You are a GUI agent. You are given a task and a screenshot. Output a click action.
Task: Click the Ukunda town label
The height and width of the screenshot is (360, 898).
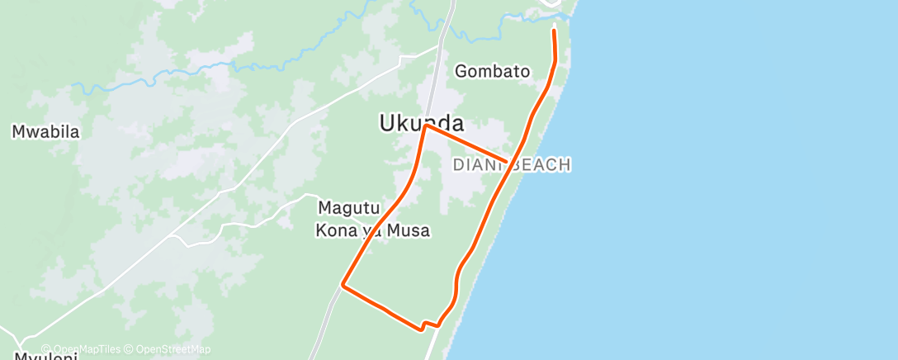point(421,123)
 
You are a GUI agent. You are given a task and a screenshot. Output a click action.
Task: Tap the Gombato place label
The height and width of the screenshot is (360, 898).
point(492,71)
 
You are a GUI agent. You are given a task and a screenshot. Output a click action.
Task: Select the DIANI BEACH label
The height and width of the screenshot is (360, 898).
point(512,165)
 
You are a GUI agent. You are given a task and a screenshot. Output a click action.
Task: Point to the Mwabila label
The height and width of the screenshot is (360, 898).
point(45,131)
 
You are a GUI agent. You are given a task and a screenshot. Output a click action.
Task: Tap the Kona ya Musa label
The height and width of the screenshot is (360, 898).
point(372,230)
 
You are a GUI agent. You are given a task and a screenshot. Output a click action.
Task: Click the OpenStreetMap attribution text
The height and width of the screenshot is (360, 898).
point(173,349)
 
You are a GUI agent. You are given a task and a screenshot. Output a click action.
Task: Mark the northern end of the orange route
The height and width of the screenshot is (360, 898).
point(553,31)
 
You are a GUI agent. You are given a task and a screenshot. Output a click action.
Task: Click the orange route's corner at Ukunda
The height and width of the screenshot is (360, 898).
point(425,126)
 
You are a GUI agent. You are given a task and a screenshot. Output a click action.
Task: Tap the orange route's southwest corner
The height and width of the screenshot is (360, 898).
point(343,286)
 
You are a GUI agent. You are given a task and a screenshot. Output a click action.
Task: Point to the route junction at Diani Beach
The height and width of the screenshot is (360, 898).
point(507,161)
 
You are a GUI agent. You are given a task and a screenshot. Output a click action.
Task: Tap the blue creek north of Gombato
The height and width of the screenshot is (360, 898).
point(487,38)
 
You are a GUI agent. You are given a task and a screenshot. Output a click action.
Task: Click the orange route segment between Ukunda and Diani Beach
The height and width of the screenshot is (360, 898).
point(466,144)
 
